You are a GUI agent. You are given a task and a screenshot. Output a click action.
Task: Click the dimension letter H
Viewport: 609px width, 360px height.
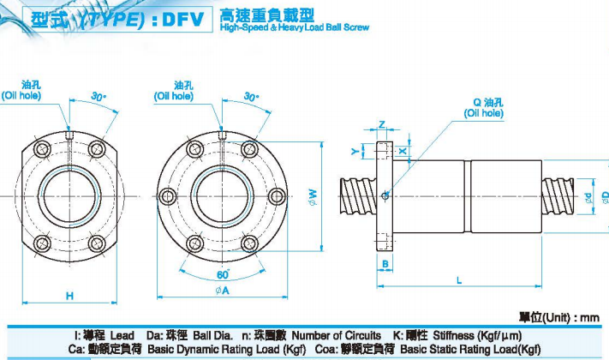click(69, 296)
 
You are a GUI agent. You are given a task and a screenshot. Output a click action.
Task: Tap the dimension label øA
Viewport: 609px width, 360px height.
click(222, 291)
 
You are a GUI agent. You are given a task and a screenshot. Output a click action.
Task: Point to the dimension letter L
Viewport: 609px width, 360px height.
click(459, 280)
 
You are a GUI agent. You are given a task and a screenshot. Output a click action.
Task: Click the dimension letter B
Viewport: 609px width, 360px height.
click(387, 262)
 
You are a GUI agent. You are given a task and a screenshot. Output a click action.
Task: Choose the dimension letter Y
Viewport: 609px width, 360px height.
click(354, 151)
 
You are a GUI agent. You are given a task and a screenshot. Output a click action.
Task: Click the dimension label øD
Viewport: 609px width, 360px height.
click(605, 196)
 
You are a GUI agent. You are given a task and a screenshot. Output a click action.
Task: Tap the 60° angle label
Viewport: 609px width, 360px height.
click(223, 273)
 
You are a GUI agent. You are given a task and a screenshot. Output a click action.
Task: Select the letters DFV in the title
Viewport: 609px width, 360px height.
click(179, 17)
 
